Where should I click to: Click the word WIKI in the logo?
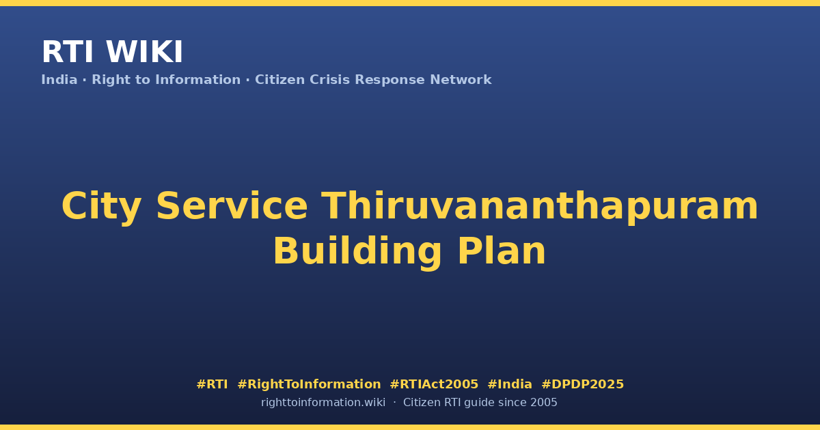144,52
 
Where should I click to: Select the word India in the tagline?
59,80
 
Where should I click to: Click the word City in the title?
101,207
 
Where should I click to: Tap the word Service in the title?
232,206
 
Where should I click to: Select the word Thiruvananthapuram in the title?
540,207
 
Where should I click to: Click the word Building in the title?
357,251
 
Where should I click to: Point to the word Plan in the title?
502,250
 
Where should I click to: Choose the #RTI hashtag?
212,384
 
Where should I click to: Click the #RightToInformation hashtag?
309,384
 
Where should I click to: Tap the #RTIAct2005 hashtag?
434,384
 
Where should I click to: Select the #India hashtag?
510,384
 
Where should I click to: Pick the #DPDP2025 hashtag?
582,384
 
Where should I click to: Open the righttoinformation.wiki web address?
323,403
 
